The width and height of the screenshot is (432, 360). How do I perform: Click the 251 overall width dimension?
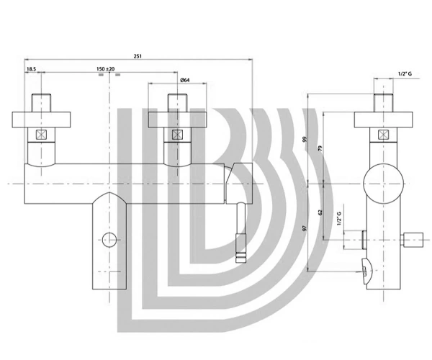point(138,56)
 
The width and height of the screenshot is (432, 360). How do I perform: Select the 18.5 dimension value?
point(31,69)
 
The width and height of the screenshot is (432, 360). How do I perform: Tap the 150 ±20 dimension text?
point(106,69)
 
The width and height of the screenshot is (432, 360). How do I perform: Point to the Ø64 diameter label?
point(185,80)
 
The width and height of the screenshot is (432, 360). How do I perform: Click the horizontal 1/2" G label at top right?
point(405,74)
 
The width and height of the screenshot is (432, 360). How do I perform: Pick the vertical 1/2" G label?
point(339,218)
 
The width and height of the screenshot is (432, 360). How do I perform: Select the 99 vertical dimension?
point(305,139)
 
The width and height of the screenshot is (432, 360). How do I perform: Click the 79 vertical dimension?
point(320,149)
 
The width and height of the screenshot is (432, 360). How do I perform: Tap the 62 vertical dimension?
point(320,212)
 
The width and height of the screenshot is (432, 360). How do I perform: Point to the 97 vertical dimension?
point(305,228)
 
